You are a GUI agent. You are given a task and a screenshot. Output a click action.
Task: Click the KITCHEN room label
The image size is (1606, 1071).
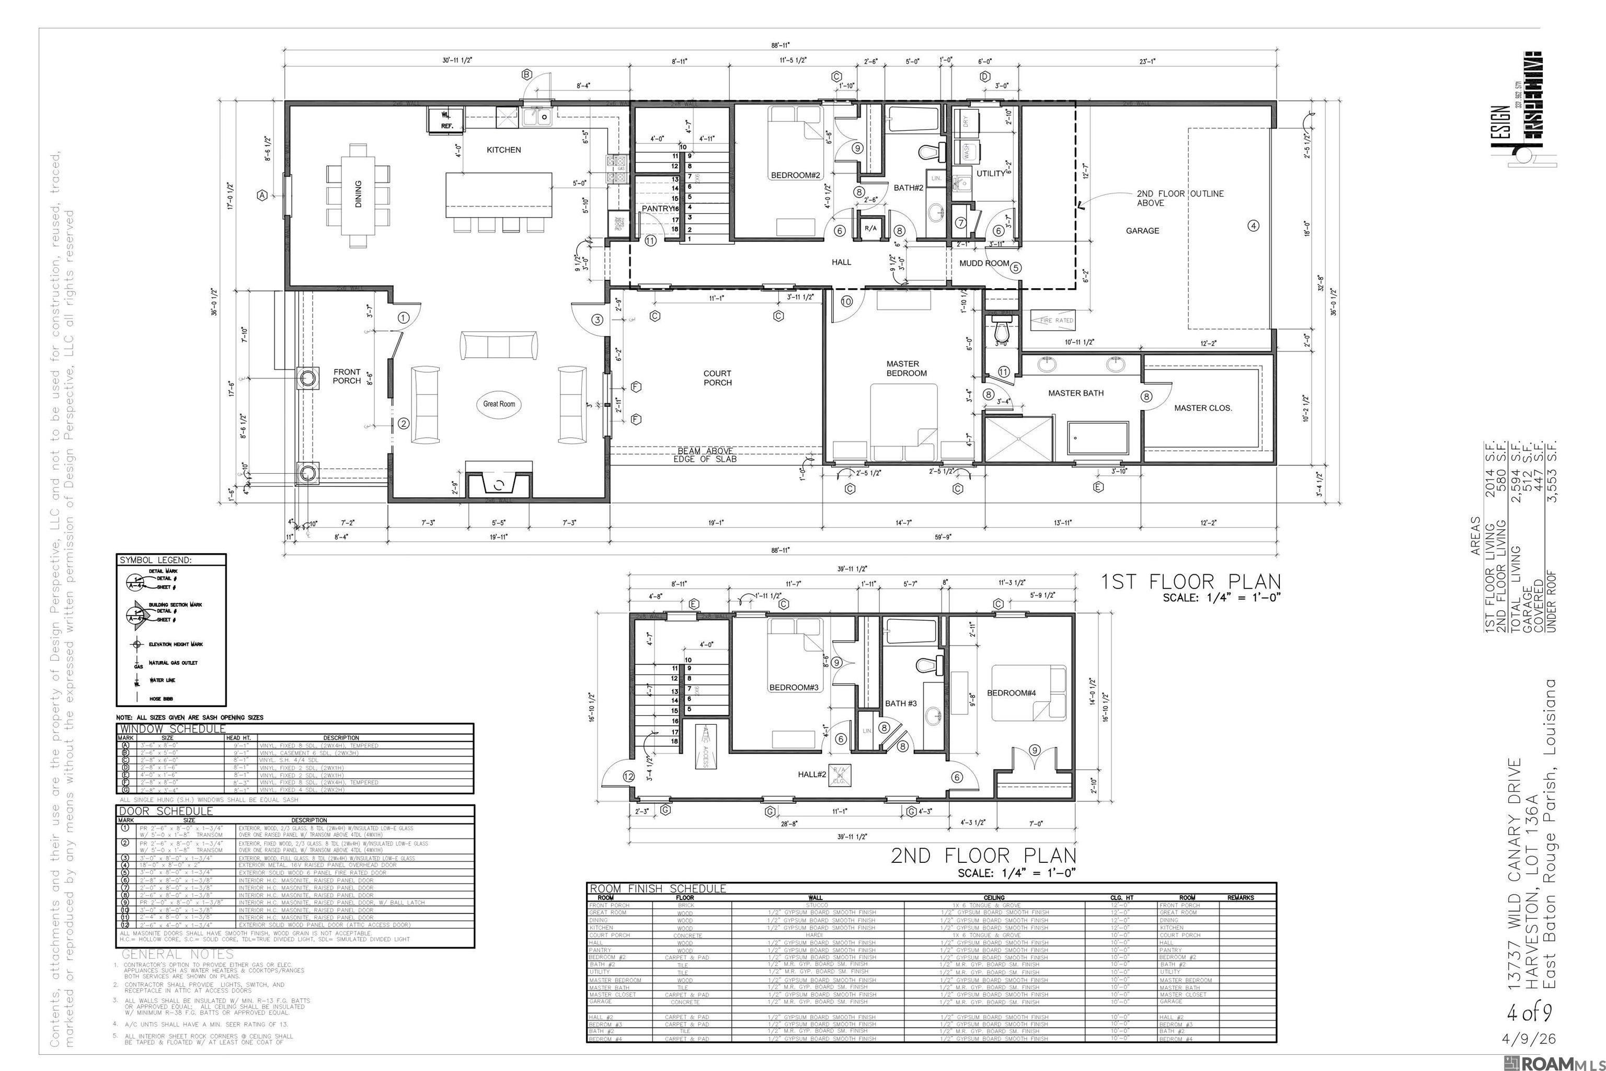pos(504,150)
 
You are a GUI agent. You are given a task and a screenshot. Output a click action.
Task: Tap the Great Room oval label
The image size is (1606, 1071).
pos(499,404)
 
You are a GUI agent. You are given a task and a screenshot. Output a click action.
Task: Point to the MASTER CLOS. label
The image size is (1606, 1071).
pos(1203,408)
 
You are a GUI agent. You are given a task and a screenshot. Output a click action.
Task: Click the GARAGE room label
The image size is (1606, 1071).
pos(1142,231)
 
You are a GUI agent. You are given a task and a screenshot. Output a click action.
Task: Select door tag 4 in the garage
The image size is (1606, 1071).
pos(1253,226)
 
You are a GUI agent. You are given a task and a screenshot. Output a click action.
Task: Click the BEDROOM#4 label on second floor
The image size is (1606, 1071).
pos(1011,692)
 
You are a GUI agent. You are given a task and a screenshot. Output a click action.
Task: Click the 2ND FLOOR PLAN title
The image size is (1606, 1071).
pos(983,856)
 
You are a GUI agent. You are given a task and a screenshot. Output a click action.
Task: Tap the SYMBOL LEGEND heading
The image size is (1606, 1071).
pos(156,560)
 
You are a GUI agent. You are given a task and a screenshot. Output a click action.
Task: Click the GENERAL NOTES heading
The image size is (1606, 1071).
pos(178,954)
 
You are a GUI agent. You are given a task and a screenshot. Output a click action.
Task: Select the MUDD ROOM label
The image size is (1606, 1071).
pos(984,263)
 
